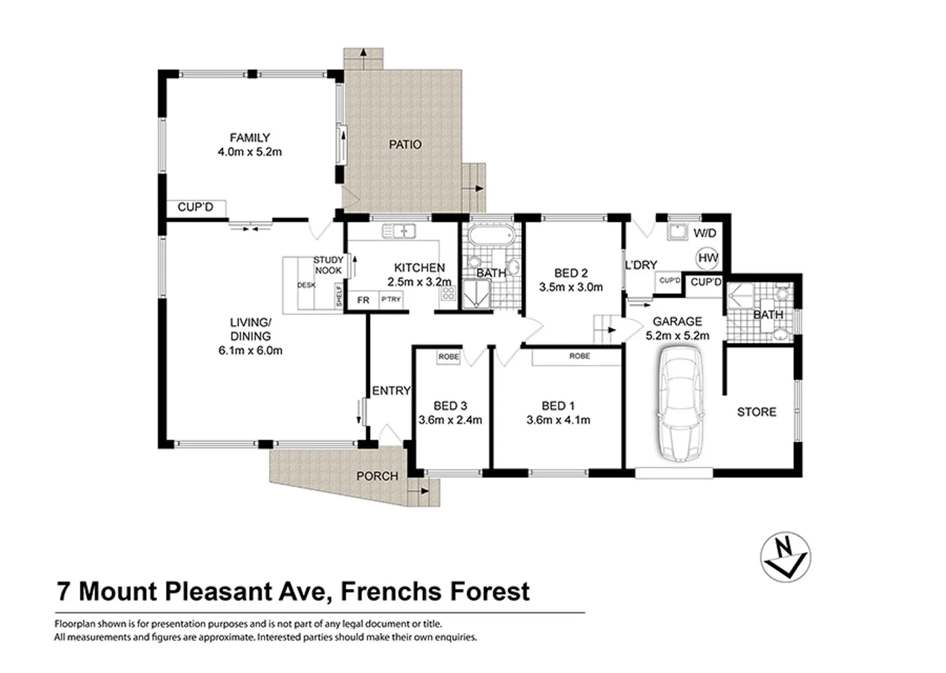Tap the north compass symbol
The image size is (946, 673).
click(x=785, y=556)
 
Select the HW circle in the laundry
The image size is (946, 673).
click(x=707, y=258)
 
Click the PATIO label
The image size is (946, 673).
click(x=405, y=145)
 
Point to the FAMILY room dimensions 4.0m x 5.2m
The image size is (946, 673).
click(x=250, y=151)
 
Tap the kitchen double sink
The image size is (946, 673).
click(x=399, y=231)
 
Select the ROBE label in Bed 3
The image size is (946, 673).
click(x=448, y=357)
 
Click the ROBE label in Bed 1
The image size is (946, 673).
click(x=579, y=356)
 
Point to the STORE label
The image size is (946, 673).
click(x=756, y=412)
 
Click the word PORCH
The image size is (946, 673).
click(x=377, y=476)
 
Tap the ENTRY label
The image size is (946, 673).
click(x=391, y=391)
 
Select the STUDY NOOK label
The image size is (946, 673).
click(x=328, y=265)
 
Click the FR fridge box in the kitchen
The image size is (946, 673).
click(x=363, y=300)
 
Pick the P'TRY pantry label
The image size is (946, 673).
click(x=391, y=300)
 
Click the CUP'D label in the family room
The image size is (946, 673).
click(x=195, y=207)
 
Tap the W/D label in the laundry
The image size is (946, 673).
click(x=704, y=233)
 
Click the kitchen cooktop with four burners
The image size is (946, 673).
click(x=448, y=293)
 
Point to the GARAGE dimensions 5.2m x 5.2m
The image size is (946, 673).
click(x=677, y=335)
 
